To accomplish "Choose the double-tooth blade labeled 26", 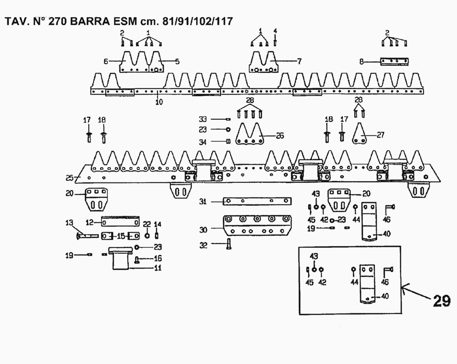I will tap(250, 135).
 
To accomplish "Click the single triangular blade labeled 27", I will tap(361, 135).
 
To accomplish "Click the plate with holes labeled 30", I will tap(255, 226).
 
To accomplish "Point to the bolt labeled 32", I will tap(229, 245).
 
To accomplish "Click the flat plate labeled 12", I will tap(120, 222).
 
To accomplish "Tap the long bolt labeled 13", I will tap(87, 236).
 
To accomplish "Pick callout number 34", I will tap(202, 142).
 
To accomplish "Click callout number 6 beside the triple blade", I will tap(105, 61).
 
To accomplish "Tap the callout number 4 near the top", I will tap(275, 31).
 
